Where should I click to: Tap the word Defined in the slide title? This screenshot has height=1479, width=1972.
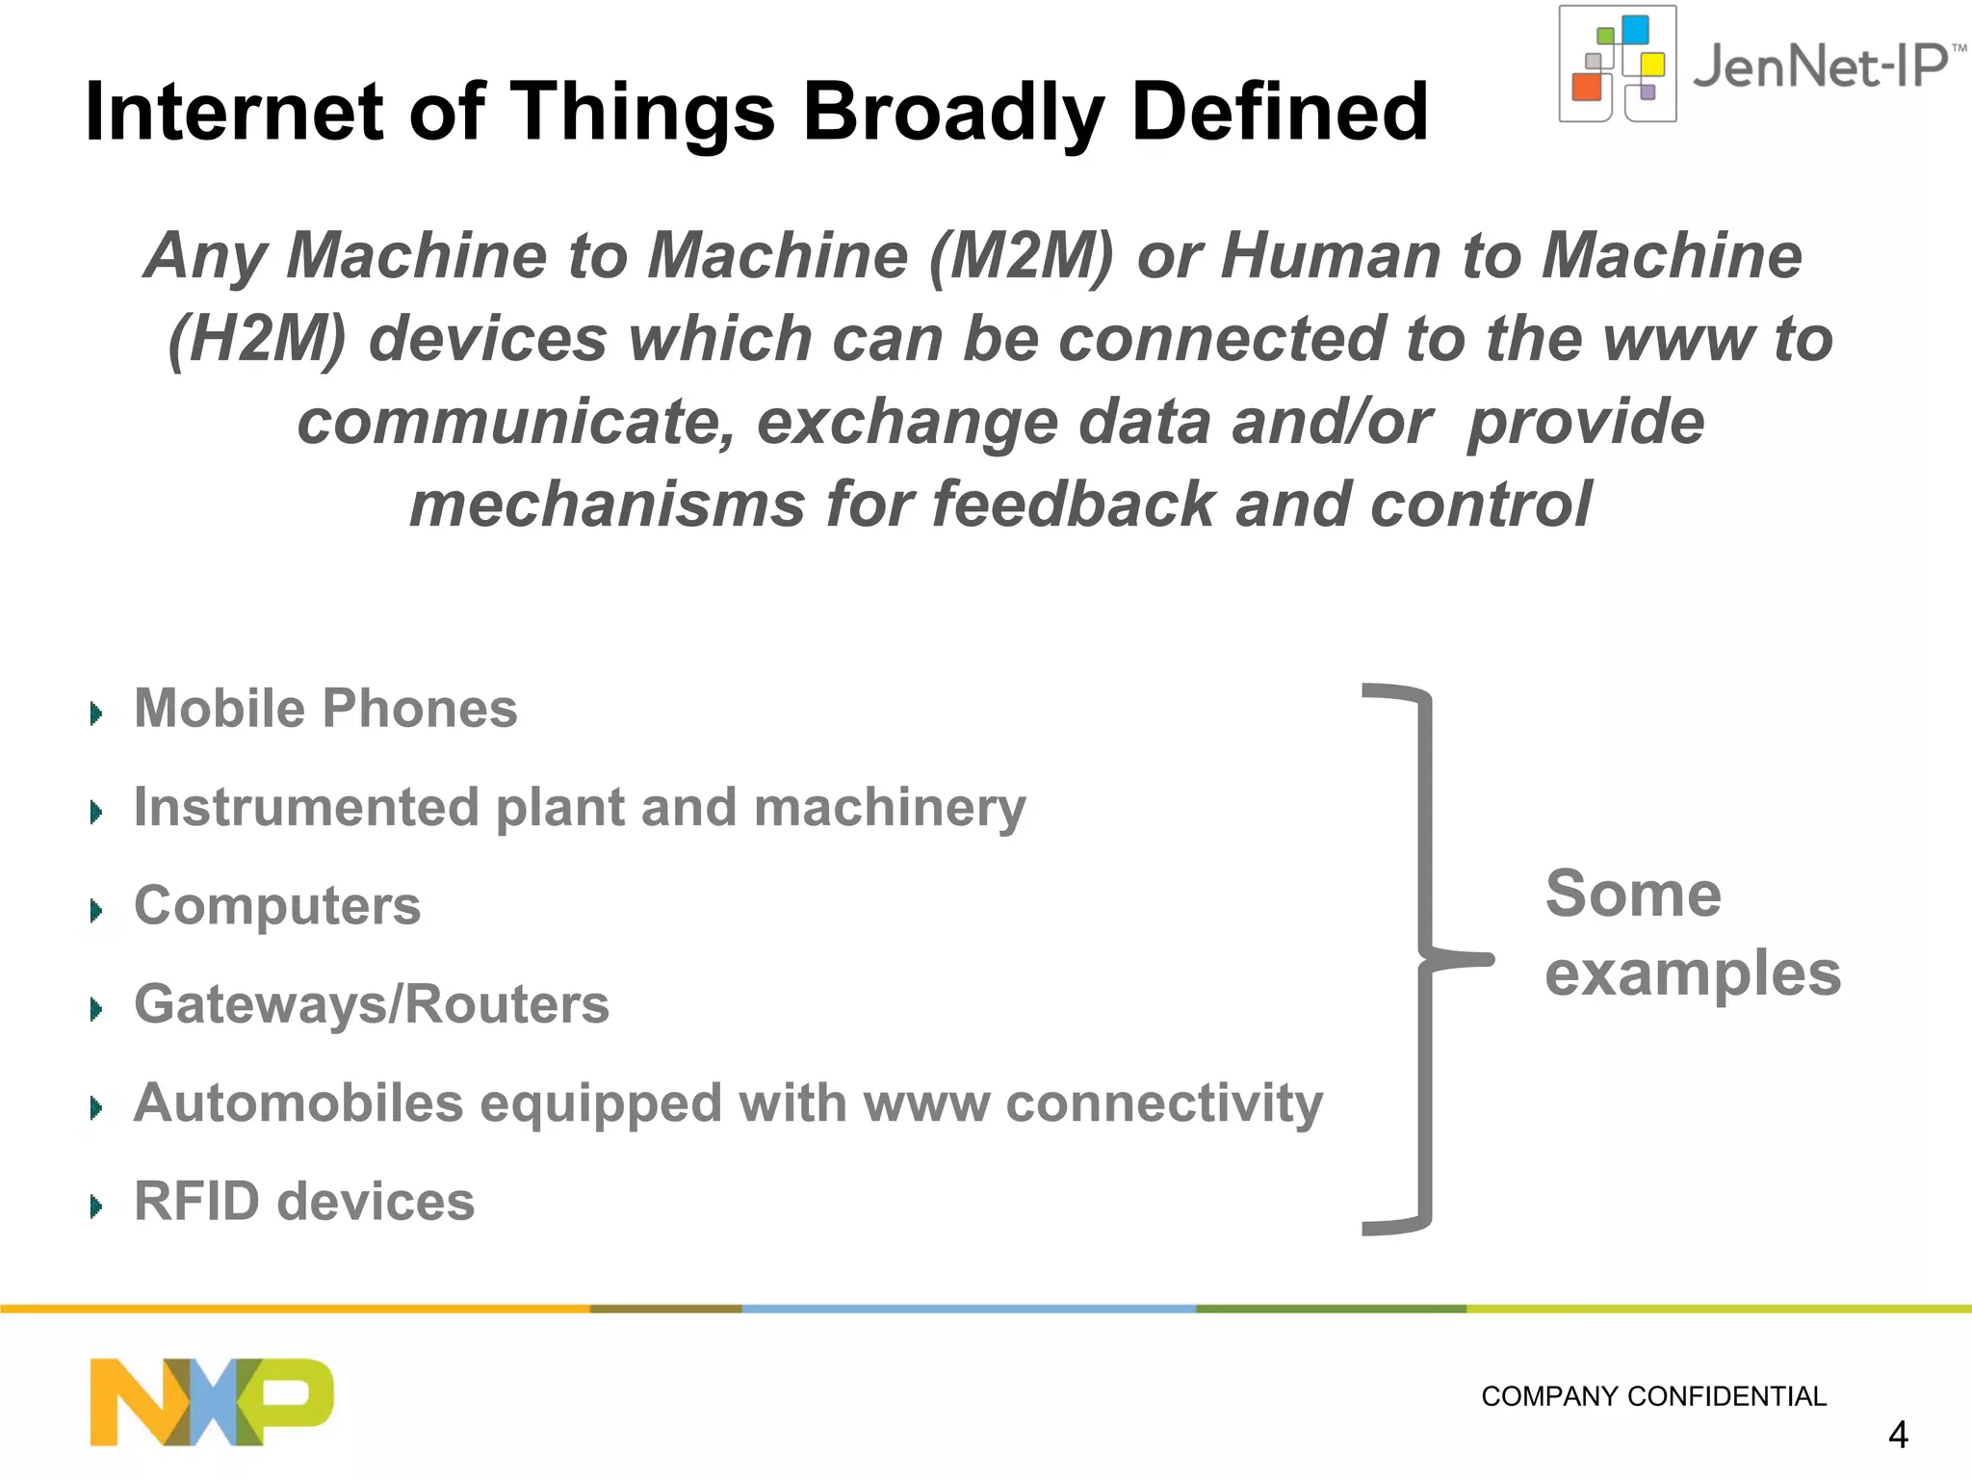tap(1280, 112)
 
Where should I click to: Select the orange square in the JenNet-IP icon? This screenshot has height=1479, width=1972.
tap(1586, 87)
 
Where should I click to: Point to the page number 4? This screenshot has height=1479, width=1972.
tap(1897, 1436)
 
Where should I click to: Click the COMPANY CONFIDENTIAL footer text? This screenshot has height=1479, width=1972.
tap(1653, 1396)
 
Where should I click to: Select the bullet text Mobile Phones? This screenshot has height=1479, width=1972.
tap(325, 709)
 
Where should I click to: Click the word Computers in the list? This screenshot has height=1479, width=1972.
tap(277, 906)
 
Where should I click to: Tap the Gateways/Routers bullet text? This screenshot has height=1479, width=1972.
tap(372, 1004)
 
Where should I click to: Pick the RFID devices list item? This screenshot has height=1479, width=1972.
tap(304, 1202)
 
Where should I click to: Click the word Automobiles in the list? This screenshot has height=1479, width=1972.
tap(298, 1103)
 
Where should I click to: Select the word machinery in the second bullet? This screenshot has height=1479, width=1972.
tap(890, 807)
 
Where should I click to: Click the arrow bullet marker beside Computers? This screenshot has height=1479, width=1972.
tap(95, 910)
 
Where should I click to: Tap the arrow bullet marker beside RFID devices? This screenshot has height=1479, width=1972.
tap(95, 1206)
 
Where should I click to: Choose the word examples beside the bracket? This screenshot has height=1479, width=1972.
tap(1692, 974)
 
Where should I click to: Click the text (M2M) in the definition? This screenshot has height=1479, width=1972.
tap(1021, 256)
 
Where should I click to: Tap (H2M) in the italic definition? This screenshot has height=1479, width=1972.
tap(256, 339)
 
